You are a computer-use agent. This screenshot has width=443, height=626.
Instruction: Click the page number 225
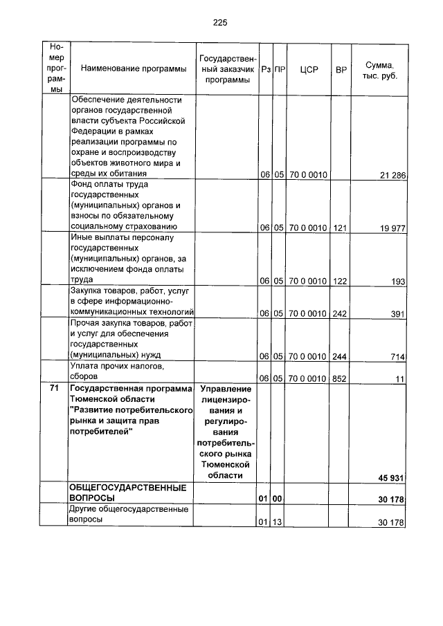(x=220, y=22)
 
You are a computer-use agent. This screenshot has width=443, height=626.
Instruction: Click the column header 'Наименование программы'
(x=133, y=68)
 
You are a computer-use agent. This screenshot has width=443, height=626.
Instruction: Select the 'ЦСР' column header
(x=309, y=69)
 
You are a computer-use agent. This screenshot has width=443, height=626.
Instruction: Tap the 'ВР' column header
(x=341, y=69)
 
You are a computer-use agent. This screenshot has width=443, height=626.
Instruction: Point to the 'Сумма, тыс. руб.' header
(x=379, y=68)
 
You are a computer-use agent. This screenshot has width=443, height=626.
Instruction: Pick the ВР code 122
(x=341, y=282)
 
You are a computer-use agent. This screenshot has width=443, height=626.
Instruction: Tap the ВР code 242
(x=341, y=313)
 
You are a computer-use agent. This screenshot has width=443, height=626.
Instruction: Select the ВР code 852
(x=341, y=378)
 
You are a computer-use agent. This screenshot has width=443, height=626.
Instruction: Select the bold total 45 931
(x=390, y=477)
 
